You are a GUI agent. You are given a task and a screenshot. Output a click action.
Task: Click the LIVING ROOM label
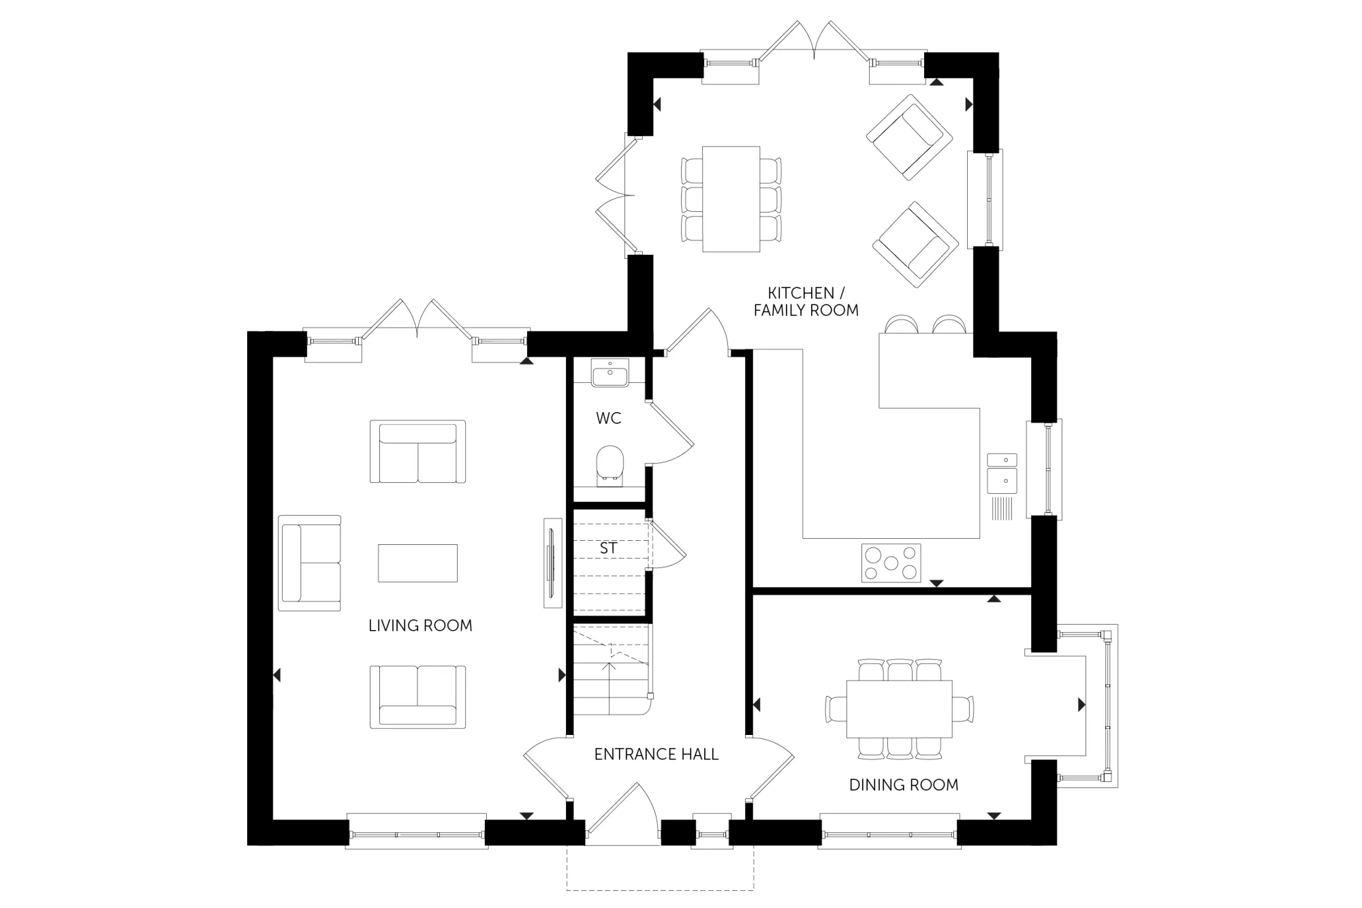(x=420, y=625)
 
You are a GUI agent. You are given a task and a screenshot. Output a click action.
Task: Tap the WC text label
(x=609, y=418)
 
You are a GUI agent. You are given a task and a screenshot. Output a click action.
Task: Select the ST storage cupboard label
(x=608, y=548)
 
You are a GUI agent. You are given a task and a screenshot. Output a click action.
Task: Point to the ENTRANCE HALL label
(x=656, y=754)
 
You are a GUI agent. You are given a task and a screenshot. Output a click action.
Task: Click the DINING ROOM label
(x=904, y=785)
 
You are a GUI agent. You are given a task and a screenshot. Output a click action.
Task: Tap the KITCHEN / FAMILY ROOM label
(x=806, y=302)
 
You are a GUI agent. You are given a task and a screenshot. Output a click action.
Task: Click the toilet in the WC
(x=609, y=466)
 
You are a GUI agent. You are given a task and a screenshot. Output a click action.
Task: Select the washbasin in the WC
(x=610, y=373)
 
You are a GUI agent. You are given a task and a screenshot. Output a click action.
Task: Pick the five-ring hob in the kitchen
(x=891, y=563)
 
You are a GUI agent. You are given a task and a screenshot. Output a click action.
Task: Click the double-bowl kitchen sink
(x=1002, y=473)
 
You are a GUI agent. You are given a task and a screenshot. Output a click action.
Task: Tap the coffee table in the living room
(x=417, y=563)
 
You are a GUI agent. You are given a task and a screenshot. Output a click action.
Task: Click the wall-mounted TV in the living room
(x=553, y=563)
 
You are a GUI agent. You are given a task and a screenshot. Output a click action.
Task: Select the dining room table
(x=899, y=708)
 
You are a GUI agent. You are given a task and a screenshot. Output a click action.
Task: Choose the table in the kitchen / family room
(x=731, y=199)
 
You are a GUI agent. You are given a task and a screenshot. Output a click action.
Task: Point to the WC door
(x=670, y=433)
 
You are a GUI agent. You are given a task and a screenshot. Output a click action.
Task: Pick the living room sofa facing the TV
(x=310, y=563)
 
